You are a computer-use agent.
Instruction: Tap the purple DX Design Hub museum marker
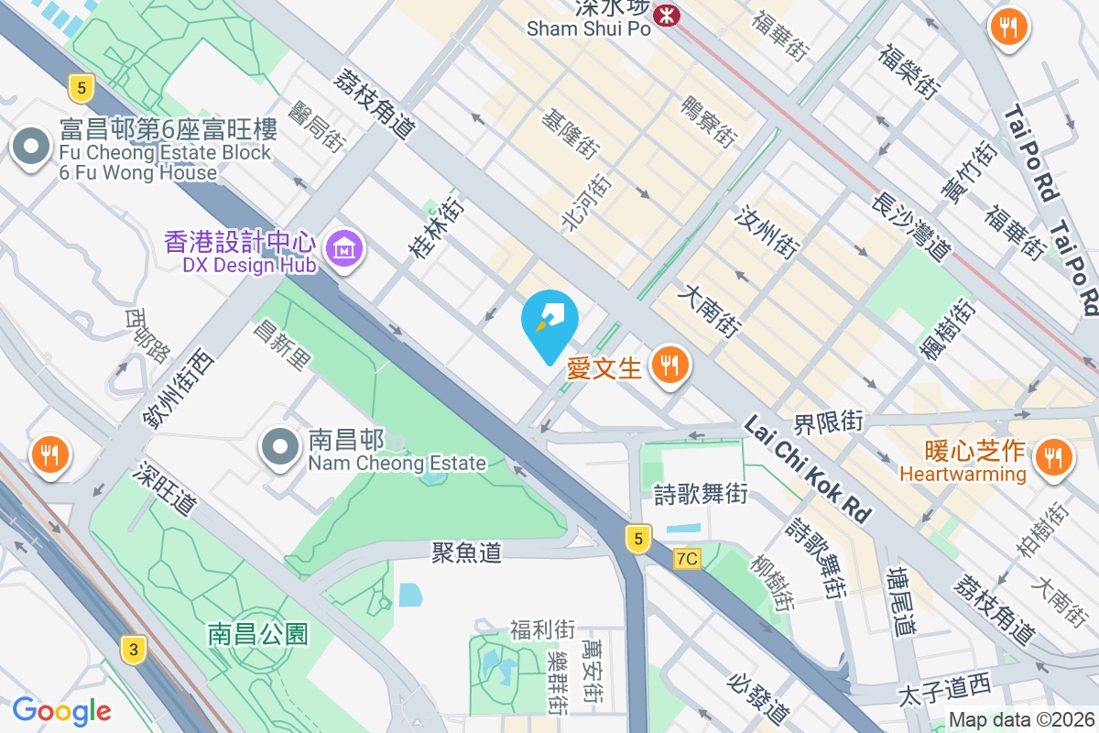345,247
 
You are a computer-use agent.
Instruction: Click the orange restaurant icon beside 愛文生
670,366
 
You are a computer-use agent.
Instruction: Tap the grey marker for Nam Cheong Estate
280,446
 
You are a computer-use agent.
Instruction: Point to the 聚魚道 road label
467,552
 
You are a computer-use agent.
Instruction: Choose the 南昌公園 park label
258,633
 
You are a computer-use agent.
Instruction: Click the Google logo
61,710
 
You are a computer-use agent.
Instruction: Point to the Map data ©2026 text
1021,720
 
